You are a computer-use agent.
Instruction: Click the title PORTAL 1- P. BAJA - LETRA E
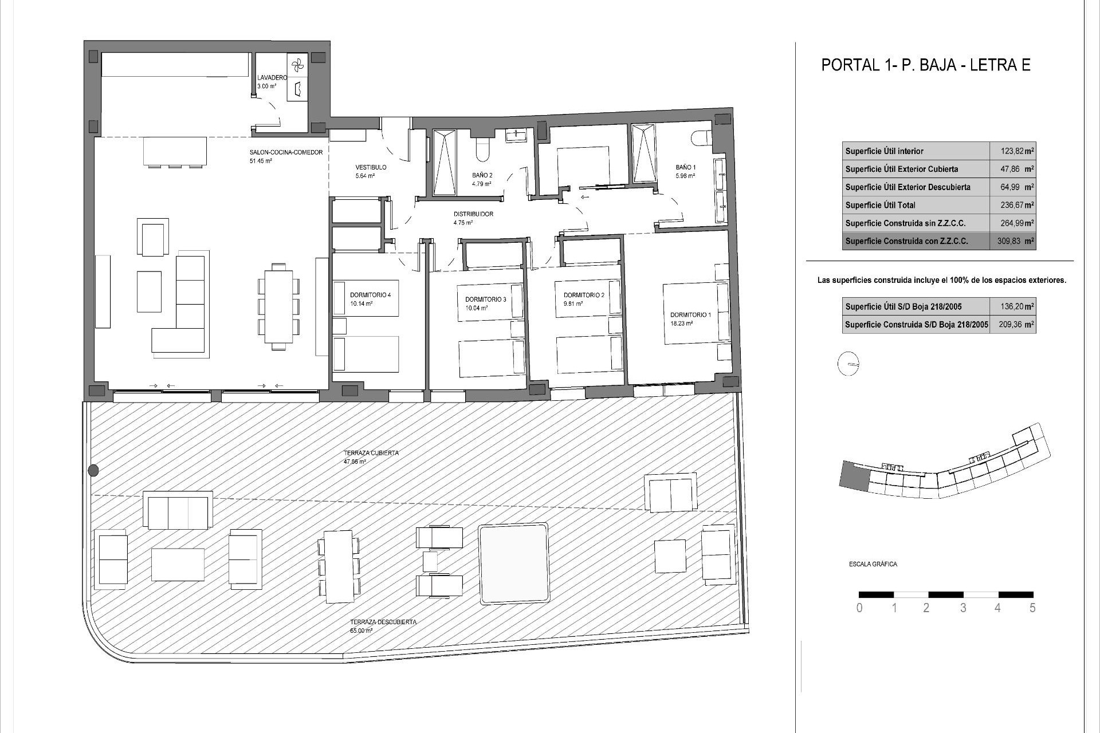pos(926,65)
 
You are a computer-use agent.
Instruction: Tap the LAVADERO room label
pos(272,78)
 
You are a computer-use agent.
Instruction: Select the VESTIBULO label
pos(371,168)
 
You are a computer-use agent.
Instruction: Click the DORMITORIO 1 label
pos(690,315)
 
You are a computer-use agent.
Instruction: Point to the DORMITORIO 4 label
pos(370,295)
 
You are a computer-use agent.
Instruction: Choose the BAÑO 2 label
pos(482,176)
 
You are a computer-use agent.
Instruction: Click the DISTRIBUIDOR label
pos(473,214)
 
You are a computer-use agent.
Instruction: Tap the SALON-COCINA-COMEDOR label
pos(286,153)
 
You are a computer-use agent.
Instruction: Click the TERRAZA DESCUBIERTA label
pos(383,622)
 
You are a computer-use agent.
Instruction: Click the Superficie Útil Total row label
pos(880,205)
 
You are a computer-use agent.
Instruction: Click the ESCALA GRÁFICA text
pos(873,564)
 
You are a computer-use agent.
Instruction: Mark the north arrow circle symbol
pos(848,364)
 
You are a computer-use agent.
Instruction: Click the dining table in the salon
pos(279,306)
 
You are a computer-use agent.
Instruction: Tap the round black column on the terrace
pos(93,471)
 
